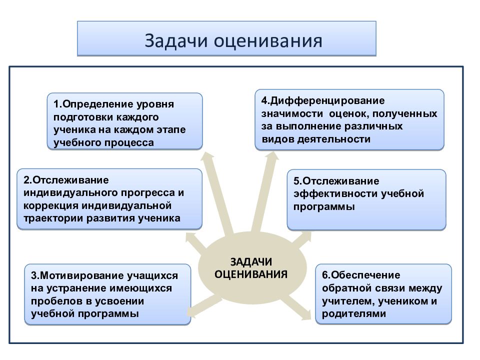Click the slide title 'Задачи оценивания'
226,39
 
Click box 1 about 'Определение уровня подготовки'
125,121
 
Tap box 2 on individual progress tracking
109,198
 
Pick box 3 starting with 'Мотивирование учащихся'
107,294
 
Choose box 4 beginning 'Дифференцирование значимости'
349,119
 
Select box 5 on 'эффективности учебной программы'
366,199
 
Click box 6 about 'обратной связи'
383,294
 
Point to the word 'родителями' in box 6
354,314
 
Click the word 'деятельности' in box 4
339,139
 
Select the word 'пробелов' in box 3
52,301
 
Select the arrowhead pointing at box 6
306,315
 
